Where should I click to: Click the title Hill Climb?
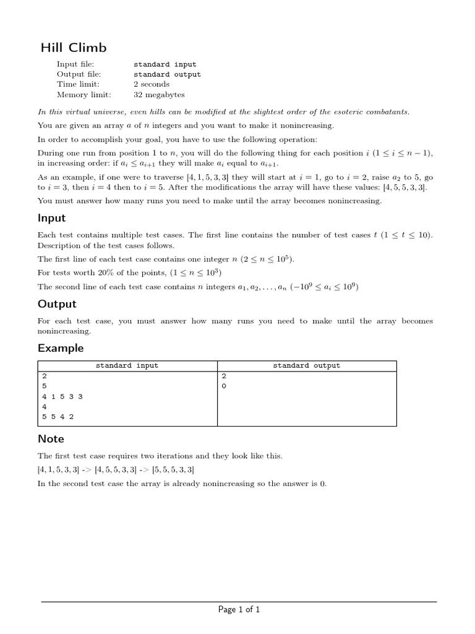(x=74, y=48)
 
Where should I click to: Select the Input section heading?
(x=52, y=218)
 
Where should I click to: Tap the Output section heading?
(x=57, y=303)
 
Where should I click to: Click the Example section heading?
(x=61, y=348)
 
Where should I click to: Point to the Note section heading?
(x=51, y=438)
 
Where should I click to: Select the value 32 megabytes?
(x=159, y=95)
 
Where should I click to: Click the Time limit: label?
(x=78, y=84)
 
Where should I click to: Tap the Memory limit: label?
(x=84, y=95)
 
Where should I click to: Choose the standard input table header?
(x=127, y=366)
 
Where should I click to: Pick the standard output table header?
(x=307, y=366)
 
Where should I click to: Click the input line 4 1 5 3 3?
(x=62, y=396)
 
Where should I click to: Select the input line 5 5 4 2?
(x=58, y=417)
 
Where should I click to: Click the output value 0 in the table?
(x=223, y=386)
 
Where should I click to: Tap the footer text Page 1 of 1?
(x=239, y=610)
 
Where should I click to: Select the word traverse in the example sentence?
(x=157, y=177)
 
